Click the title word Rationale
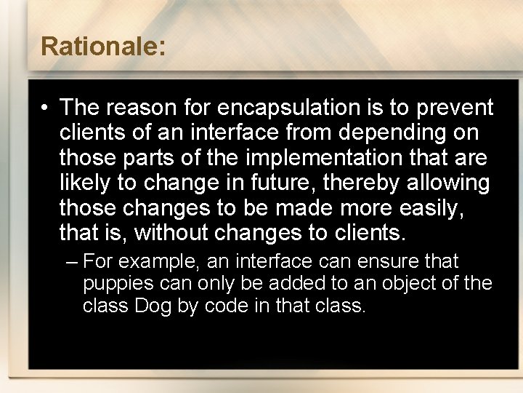click(103, 47)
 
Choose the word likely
click(82, 183)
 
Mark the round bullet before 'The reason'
click(45, 108)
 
